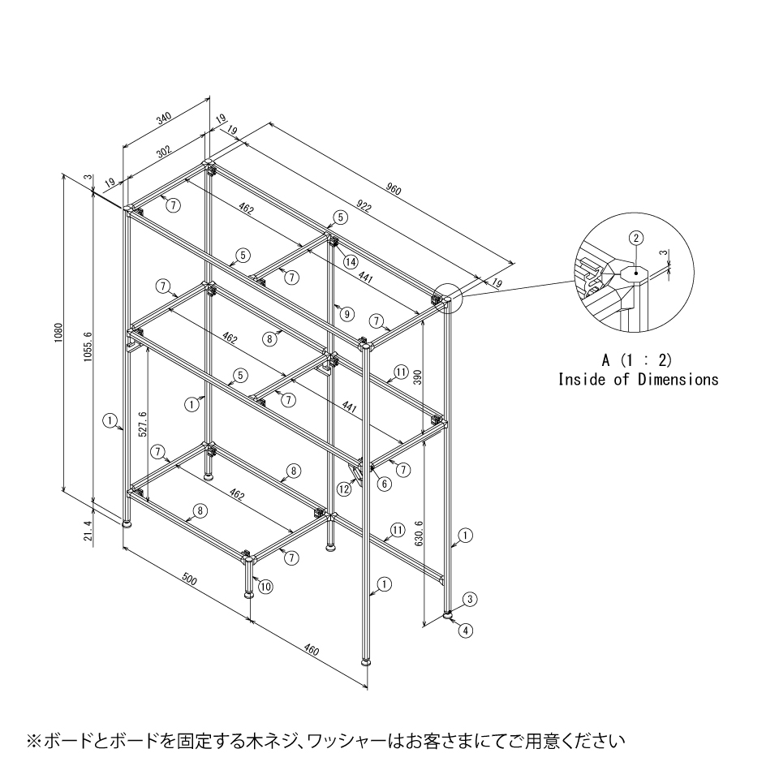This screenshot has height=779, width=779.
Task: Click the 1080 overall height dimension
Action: point(58,334)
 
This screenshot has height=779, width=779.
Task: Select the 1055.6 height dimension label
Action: point(88,346)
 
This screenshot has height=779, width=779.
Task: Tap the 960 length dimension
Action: point(393,189)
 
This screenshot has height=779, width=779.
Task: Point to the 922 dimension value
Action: point(364,205)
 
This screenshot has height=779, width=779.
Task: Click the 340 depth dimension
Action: point(163,118)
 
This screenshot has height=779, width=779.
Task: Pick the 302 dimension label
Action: point(163,151)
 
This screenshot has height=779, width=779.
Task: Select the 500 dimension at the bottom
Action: point(189,579)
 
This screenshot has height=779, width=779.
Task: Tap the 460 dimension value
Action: point(311,649)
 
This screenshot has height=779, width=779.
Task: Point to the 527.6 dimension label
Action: point(142,424)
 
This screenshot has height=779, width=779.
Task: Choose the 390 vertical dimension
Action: point(418,377)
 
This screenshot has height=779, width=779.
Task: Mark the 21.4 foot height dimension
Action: point(88,531)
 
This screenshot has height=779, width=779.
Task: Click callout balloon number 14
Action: point(351,261)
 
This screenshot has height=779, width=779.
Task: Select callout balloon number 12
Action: point(344,488)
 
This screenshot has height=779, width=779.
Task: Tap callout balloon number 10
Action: point(265,587)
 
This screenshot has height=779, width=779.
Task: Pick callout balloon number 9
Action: point(346,314)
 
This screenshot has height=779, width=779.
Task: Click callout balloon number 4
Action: point(466,631)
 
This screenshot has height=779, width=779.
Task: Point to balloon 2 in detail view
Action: point(636,238)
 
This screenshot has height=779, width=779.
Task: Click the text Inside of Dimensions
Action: point(638,380)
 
